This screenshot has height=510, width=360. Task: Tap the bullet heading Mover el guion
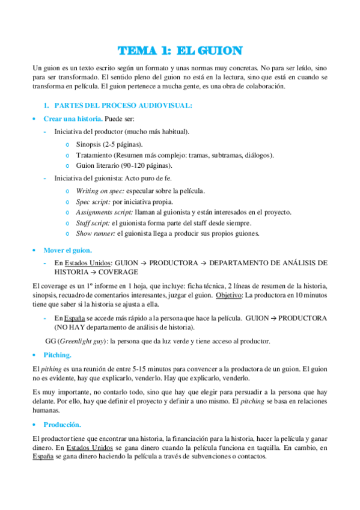[67, 250]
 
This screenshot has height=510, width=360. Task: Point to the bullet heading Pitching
[57, 355]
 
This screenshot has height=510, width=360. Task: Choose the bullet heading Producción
[62, 425]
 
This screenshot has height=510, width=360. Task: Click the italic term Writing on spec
[98, 191]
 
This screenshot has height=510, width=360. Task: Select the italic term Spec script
[93, 201]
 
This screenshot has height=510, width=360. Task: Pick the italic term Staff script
[93, 223]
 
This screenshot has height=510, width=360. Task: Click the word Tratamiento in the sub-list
[96, 155]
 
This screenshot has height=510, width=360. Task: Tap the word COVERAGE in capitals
[113, 272]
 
